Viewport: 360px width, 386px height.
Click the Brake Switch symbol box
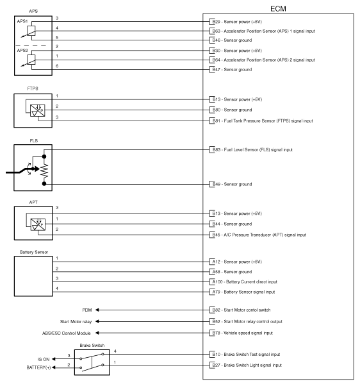(x=94, y=362)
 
